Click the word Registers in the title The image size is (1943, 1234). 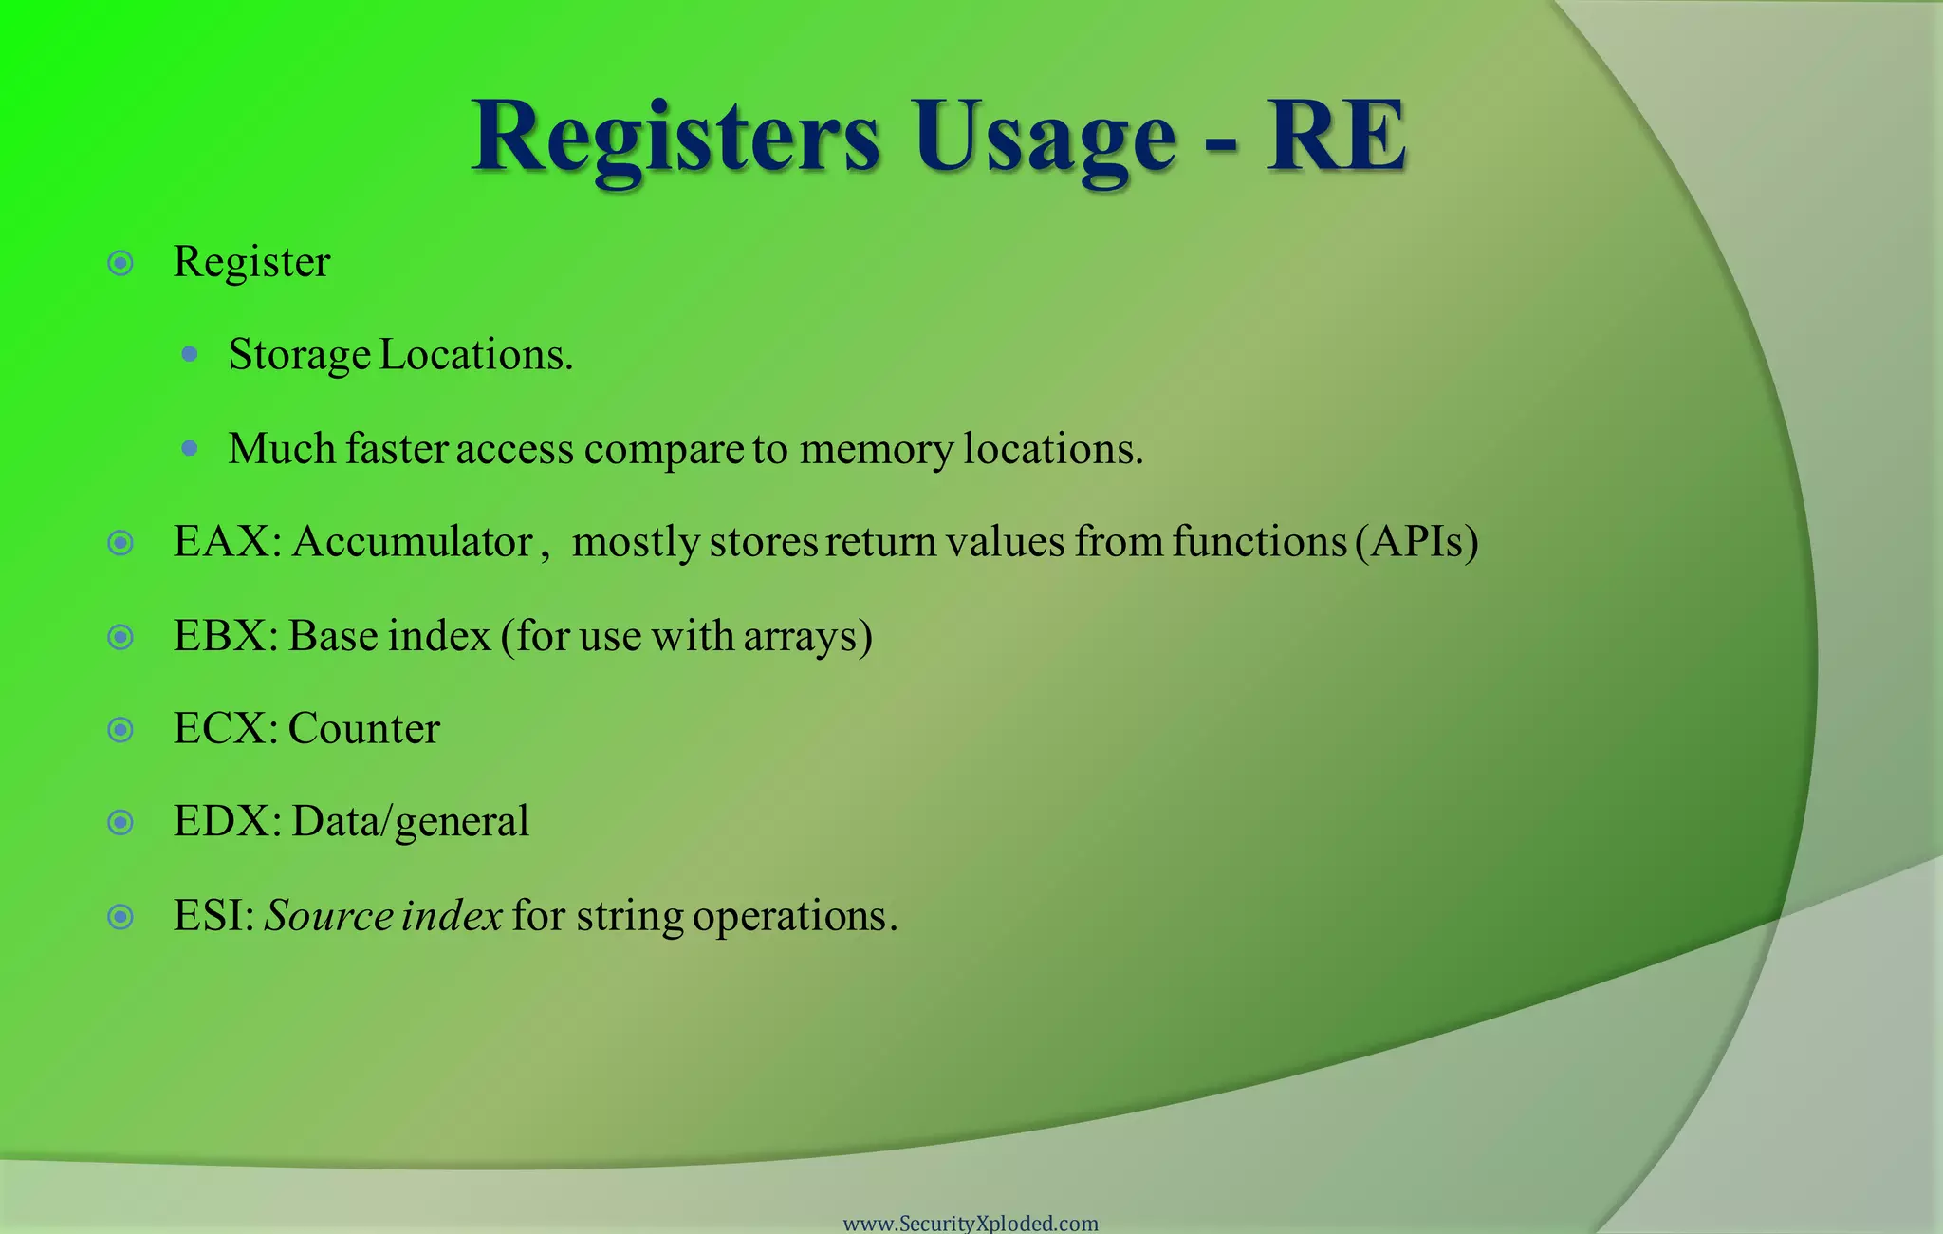(x=675, y=138)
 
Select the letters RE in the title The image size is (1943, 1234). (x=1336, y=138)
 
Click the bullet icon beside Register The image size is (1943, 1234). (x=120, y=263)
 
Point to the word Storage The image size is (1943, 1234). (x=299, y=356)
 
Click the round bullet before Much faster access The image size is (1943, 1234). (x=190, y=448)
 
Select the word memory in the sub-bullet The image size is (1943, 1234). (x=876, y=450)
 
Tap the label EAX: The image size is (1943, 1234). (x=227, y=542)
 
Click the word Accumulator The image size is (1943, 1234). (x=413, y=542)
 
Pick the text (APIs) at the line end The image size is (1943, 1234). (x=1417, y=542)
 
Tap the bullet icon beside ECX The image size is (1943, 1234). (x=120, y=729)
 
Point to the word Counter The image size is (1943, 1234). (x=363, y=729)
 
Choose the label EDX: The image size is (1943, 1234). (x=227, y=822)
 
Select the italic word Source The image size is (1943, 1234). (x=328, y=916)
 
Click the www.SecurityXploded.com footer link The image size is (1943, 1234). (x=971, y=1224)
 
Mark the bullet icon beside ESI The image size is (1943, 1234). (x=120, y=916)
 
